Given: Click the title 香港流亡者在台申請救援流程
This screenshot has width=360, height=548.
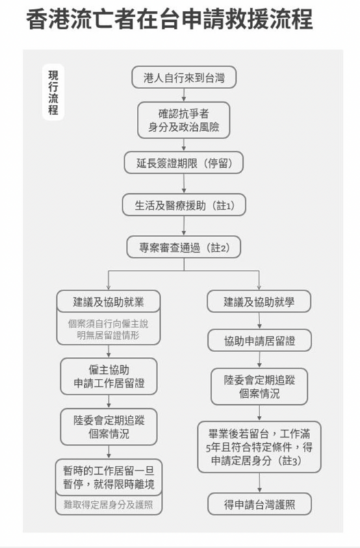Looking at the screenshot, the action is (x=169, y=19).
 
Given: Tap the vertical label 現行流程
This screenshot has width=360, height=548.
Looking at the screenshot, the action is (x=53, y=92).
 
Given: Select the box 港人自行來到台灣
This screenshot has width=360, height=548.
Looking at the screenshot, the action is (x=183, y=77).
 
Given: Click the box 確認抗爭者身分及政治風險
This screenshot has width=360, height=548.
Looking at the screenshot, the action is (x=183, y=121).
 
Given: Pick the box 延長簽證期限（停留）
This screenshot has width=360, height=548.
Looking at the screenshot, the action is (x=183, y=162).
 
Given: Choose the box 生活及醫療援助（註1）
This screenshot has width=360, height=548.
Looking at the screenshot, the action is (x=184, y=205).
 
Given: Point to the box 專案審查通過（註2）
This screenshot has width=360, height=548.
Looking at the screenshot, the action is (x=183, y=247).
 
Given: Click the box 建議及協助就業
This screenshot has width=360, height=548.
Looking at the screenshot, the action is (x=109, y=301).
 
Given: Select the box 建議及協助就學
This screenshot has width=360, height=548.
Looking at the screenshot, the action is (x=259, y=301).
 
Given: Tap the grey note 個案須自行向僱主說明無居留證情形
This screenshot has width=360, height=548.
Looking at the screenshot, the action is (x=109, y=329).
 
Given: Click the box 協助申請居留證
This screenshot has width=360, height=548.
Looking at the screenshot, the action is (x=259, y=340).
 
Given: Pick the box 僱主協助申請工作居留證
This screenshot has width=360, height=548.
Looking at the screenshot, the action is (x=109, y=376).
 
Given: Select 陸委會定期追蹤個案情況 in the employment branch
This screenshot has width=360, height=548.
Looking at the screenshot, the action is (x=109, y=427).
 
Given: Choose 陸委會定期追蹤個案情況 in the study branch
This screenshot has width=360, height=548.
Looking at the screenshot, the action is (x=259, y=386).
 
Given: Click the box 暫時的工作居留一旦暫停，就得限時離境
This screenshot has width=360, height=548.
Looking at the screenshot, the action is (x=109, y=477).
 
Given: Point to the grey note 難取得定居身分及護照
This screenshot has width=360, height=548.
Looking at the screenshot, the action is (x=109, y=505).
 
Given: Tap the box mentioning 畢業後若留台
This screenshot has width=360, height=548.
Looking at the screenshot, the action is (x=259, y=447).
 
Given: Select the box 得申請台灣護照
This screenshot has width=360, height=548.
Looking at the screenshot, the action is (x=259, y=504).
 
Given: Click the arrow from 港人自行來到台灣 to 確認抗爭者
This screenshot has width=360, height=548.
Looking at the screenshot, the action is (x=183, y=95).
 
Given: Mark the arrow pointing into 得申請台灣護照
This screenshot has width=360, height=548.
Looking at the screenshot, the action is (x=259, y=483).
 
